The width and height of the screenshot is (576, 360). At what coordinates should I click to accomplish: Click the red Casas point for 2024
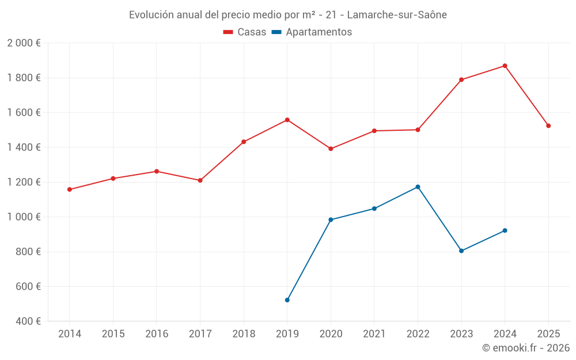(x=505, y=66)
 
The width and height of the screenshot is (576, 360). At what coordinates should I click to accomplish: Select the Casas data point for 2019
(x=287, y=120)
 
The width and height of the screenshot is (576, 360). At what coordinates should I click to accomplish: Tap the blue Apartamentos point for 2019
(x=287, y=300)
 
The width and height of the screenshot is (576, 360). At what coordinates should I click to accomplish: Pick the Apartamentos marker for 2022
(x=418, y=187)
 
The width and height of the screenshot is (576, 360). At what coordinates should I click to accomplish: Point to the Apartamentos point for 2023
(x=461, y=251)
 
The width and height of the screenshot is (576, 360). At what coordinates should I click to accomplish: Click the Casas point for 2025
(x=548, y=126)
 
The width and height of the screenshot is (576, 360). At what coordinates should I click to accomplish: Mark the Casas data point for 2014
(x=69, y=190)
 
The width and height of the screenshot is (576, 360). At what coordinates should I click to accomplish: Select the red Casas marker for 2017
(x=200, y=180)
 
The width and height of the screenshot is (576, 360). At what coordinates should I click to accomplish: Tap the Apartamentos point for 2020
(x=331, y=219)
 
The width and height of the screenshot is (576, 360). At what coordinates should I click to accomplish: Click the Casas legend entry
(x=245, y=32)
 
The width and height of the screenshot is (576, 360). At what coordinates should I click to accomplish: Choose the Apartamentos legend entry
(x=312, y=32)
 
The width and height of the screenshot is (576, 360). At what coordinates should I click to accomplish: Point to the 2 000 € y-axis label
(x=24, y=43)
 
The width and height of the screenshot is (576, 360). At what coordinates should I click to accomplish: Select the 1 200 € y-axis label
(x=24, y=182)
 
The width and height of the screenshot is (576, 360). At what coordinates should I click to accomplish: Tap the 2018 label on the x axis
(x=244, y=334)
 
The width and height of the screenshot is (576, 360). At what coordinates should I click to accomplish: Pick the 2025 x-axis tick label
(x=548, y=334)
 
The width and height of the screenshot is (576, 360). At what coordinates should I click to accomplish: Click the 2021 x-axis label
(x=374, y=334)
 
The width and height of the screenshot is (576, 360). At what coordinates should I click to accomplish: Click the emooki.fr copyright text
(x=526, y=348)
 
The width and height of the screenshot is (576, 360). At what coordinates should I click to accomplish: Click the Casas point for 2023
(x=461, y=79)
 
